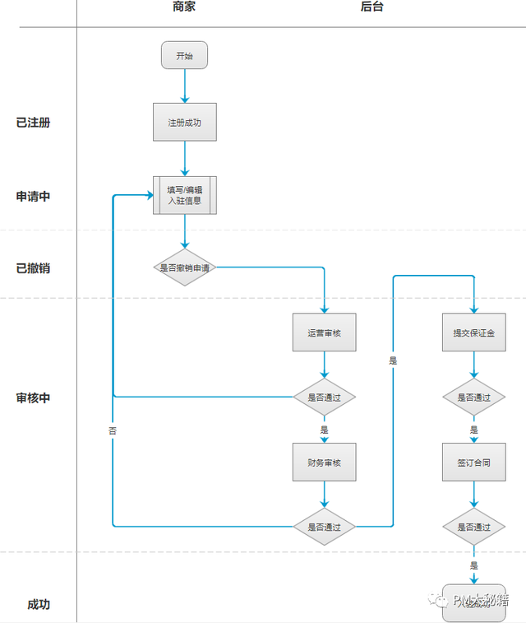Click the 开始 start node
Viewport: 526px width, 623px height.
coord(184,56)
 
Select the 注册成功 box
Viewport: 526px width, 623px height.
coord(184,122)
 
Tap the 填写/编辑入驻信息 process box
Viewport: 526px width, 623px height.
coord(184,195)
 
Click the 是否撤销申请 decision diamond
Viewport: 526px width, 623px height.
coord(184,267)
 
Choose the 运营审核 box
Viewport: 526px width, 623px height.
coord(325,333)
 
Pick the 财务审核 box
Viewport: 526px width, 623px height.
coord(325,463)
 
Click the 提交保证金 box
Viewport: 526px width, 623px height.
coord(473,333)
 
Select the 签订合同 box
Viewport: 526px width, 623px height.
coord(473,463)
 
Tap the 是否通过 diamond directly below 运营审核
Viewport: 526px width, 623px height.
coord(325,398)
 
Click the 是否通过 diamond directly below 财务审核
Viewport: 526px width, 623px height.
coord(325,527)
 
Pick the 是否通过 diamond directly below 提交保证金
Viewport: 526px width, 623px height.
coord(473,398)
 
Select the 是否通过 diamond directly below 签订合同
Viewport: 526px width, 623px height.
coord(473,527)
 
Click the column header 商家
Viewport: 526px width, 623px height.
coord(184,7)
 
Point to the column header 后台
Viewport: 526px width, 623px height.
coord(371,7)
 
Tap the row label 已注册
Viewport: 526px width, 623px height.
coord(33,123)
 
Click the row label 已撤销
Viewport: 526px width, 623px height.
coord(33,268)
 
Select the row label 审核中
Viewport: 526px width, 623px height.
coord(33,398)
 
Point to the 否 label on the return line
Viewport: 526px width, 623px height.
coord(113,430)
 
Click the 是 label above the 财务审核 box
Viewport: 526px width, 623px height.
coord(325,430)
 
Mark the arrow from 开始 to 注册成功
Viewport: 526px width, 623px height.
coord(184,86)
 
